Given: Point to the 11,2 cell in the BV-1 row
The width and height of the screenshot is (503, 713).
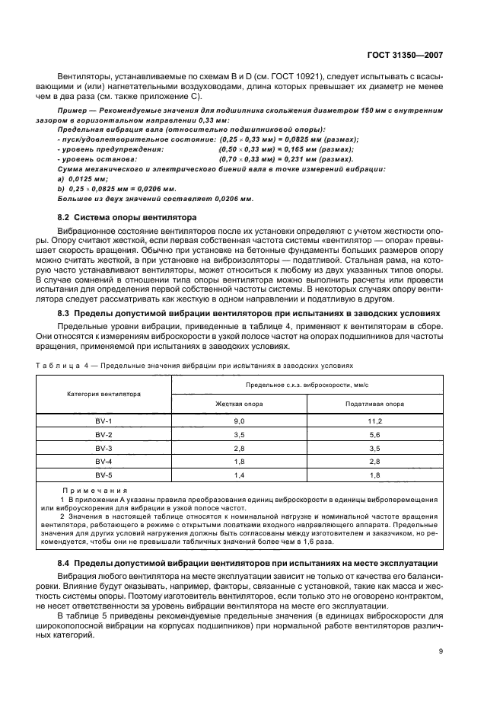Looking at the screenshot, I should coord(374,421).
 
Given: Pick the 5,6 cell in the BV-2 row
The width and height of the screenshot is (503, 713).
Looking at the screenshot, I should coord(374,435).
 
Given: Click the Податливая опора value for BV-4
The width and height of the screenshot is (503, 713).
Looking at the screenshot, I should coord(374,462).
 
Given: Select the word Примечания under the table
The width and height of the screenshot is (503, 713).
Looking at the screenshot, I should coord(94,491).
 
